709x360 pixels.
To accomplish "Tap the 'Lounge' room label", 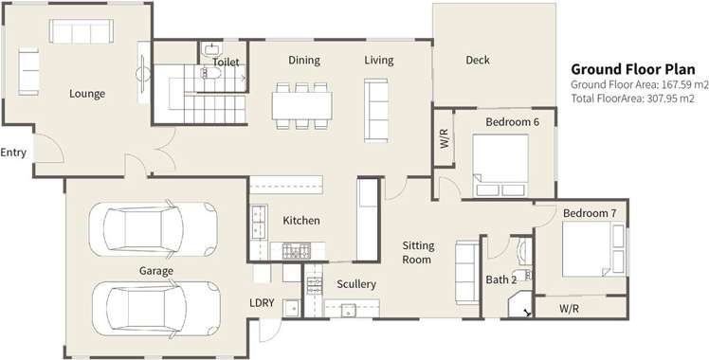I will (87, 94).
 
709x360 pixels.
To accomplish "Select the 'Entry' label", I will (13, 153).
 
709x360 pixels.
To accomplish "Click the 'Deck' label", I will (478, 61).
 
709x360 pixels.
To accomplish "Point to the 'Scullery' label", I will (356, 284).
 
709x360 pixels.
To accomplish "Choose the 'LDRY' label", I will (262, 303).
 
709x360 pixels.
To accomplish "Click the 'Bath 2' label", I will (500, 279).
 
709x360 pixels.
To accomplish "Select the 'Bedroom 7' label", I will (590, 214).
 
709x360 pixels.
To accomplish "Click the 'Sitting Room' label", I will (417, 252).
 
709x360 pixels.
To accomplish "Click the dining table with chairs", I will (303, 102).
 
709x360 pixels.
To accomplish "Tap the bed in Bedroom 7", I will (590, 249).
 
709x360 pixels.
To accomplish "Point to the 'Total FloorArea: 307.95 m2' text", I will (632, 98).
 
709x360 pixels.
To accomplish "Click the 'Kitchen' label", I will (301, 221).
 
